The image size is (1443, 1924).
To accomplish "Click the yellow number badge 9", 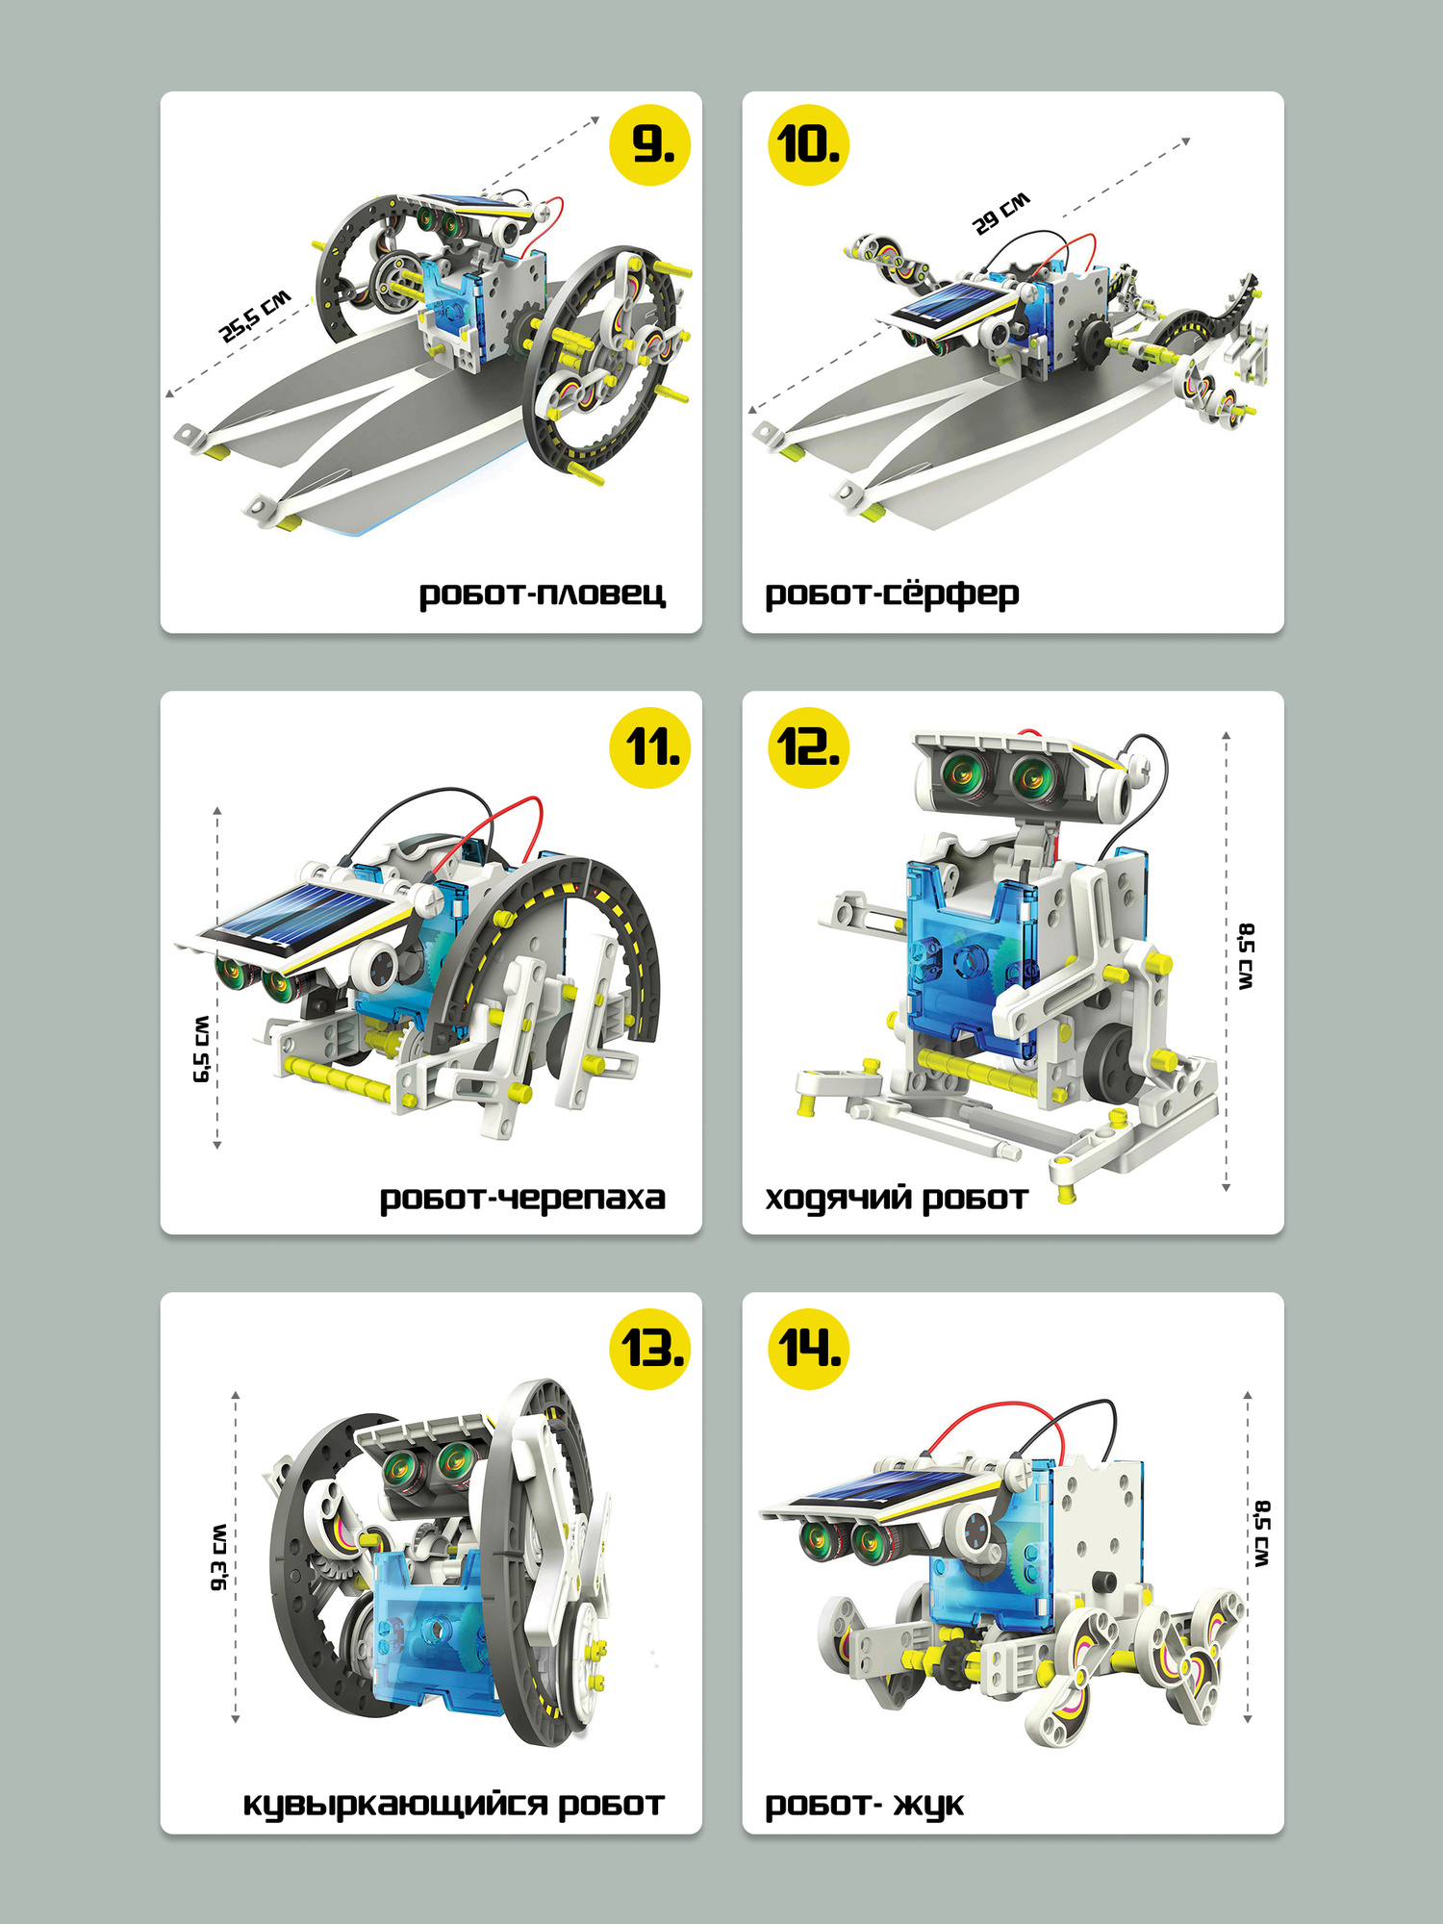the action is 650,145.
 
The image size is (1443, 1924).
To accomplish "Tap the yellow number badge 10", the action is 808,145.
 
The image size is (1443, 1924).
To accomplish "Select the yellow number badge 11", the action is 650,747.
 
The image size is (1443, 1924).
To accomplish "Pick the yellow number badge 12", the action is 808,747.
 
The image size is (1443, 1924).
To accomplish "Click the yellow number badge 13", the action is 650,1348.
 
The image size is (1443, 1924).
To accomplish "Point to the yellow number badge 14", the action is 808,1348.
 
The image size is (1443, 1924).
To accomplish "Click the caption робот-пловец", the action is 542,594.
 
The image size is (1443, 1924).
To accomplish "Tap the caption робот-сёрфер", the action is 892,594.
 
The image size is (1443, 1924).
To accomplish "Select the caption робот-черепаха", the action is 522,1198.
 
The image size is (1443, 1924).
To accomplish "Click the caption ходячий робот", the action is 897,1198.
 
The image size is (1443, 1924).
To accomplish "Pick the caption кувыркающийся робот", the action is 453,1804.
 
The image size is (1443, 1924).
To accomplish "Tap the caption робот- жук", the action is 864,1804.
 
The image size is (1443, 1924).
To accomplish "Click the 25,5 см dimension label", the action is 255,316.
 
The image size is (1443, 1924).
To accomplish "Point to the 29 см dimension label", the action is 1001,213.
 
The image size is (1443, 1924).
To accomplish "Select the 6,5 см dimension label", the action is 201,1050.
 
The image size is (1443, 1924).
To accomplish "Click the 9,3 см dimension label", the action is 220,1557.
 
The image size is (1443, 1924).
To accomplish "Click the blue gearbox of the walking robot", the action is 967,962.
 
